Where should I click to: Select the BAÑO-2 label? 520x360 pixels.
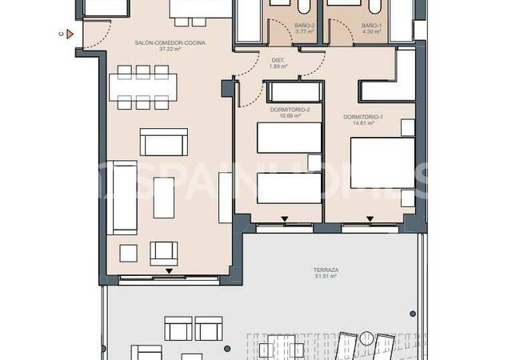pyautogui.click(x=281, y=26)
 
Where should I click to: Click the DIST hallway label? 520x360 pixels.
pyautogui.click(x=278, y=60)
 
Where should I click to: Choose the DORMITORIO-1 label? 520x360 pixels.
pyautogui.click(x=363, y=117)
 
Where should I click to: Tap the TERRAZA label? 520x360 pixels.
pyautogui.click(x=325, y=270)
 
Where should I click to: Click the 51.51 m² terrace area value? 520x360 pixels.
pyautogui.click(x=325, y=278)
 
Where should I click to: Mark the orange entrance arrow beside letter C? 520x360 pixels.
pyautogui.click(x=70, y=34)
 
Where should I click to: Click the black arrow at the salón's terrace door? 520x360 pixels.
pyautogui.click(x=169, y=273)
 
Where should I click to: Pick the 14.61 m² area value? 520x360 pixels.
pyautogui.click(x=363, y=124)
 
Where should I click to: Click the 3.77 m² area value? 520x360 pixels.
pyautogui.click(x=281, y=33)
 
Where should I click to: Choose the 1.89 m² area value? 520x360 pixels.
pyautogui.click(x=278, y=67)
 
